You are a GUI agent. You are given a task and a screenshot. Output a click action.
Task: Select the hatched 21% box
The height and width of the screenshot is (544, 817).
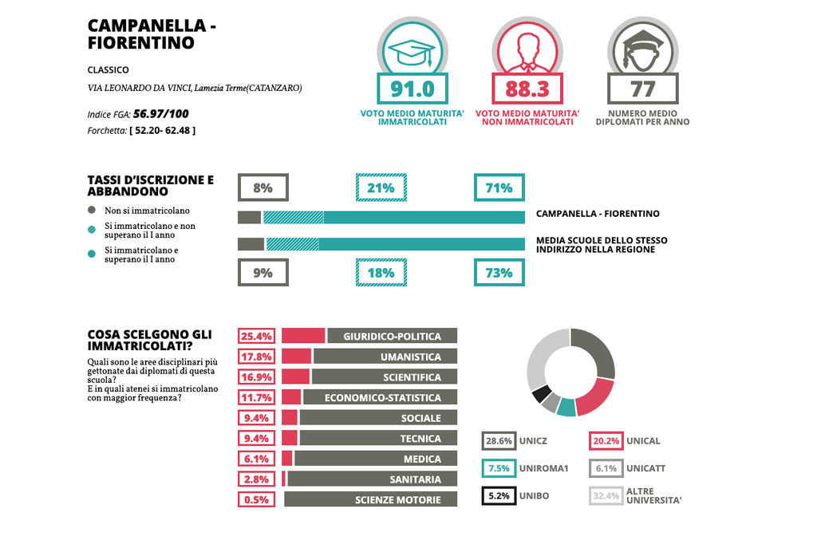click(381, 188)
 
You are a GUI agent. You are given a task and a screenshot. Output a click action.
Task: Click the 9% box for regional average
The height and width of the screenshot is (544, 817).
click(262, 272)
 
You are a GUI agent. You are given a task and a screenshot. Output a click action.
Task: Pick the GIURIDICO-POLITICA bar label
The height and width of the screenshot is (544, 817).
click(393, 336)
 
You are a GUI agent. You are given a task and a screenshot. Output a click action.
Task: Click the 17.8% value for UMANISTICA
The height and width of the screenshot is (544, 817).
click(257, 357)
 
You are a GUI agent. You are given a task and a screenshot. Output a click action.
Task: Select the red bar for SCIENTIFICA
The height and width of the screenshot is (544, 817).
click(295, 377)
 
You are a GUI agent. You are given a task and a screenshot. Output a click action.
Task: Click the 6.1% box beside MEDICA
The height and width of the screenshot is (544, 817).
click(257, 459)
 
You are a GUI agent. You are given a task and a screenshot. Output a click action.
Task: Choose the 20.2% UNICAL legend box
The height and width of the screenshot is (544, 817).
click(606, 441)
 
